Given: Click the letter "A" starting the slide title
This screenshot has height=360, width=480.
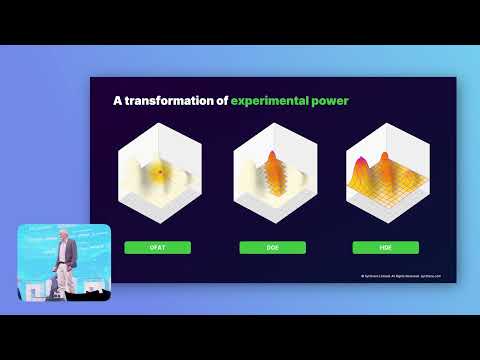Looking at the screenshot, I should pyautogui.click(x=116, y=100).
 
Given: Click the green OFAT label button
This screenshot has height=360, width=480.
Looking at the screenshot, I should pyautogui.click(x=157, y=247).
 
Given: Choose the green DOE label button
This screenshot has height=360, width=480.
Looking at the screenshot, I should pyautogui.click(x=273, y=247).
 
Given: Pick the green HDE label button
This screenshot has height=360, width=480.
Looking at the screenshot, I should pyautogui.click(x=385, y=247).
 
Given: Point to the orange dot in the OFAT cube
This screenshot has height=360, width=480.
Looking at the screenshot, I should pyautogui.click(x=157, y=174).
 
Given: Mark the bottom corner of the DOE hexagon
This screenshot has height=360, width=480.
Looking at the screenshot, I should pyautogui.click(x=273, y=229).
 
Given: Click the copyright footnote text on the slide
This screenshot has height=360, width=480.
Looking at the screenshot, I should pyautogui.click(x=400, y=275).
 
